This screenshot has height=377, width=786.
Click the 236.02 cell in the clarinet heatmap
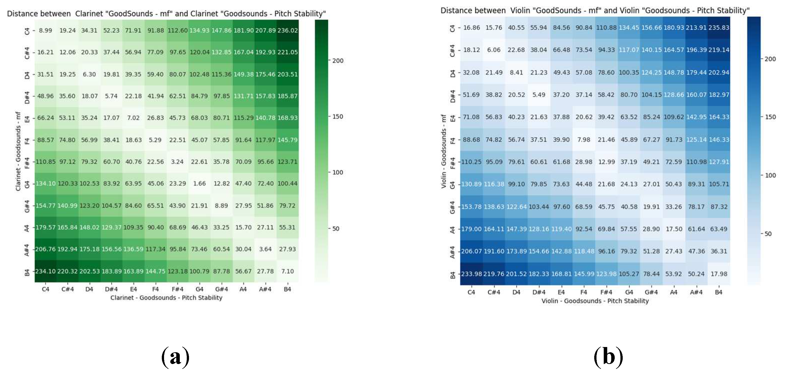(287, 30)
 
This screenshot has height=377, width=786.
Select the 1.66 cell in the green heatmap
(199, 183)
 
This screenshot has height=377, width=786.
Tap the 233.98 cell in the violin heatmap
(471, 274)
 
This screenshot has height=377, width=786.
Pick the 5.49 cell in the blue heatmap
(539, 95)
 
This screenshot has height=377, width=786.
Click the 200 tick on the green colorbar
(338, 61)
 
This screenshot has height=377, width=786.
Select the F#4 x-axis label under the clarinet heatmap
(177, 289)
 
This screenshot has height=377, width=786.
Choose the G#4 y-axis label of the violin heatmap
(452, 207)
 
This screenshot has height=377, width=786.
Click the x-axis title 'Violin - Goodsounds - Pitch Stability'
(595, 301)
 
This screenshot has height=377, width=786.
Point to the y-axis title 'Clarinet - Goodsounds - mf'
(18, 151)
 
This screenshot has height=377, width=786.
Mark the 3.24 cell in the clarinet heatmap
(177, 162)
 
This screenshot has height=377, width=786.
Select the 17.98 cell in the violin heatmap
(719, 274)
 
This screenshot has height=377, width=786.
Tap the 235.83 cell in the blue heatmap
(719, 27)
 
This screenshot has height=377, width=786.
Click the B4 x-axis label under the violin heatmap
(719, 292)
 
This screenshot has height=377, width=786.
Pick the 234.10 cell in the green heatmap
(45, 271)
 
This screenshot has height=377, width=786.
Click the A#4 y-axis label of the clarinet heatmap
(27, 250)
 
